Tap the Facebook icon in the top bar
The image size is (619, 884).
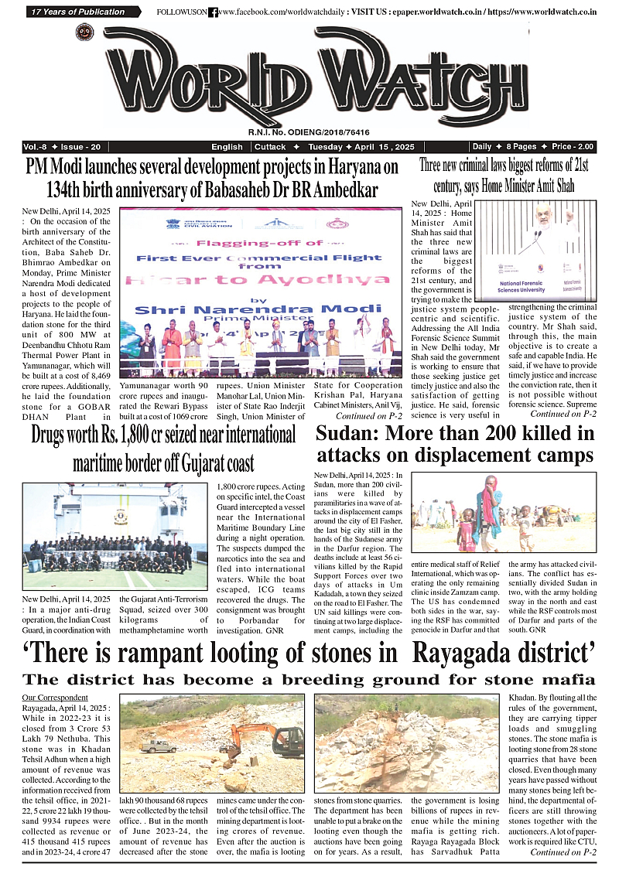point(214,12)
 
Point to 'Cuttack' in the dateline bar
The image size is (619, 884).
point(270,147)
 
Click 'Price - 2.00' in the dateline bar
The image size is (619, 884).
point(573,147)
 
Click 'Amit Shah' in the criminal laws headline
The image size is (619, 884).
point(553,186)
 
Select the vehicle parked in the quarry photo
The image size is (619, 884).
point(158,746)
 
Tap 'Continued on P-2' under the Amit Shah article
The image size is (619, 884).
point(562,414)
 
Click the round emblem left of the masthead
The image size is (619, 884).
point(84,32)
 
